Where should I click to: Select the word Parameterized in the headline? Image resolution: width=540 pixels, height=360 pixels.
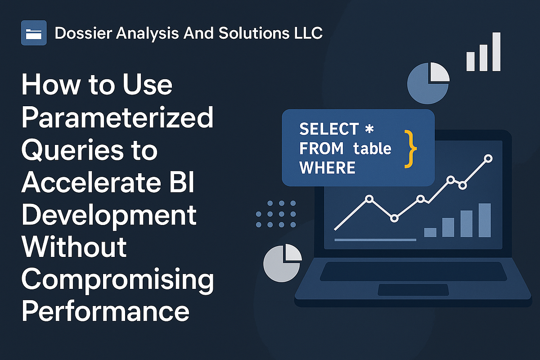(x=117, y=118)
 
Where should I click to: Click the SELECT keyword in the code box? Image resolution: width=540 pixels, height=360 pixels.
(x=328, y=129)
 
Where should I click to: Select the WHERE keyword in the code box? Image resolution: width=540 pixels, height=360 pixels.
(x=327, y=167)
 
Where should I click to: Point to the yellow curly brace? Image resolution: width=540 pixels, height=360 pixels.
(x=410, y=148)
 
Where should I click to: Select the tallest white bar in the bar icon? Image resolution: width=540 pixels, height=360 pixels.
(x=496, y=52)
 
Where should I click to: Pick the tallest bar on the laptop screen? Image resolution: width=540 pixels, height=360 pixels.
(x=484, y=220)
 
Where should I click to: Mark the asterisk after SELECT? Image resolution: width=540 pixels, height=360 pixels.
(x=369, y=129)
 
